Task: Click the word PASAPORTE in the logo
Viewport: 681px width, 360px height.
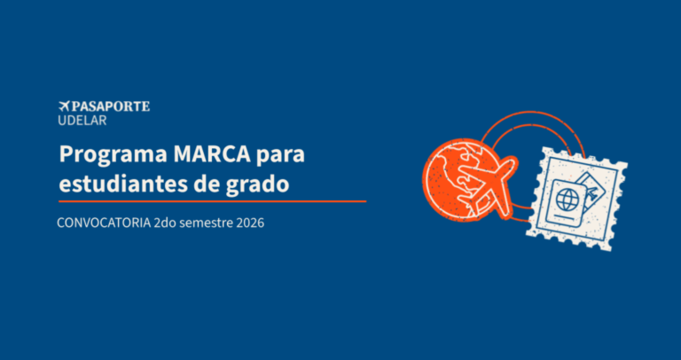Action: pos(110,106)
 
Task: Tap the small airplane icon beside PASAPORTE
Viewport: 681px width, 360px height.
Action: pos(64,106)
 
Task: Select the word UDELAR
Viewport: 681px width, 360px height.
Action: pos(82,121)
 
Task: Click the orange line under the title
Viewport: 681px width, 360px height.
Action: pos(213,201)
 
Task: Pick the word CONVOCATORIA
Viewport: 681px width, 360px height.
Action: pos(105,223)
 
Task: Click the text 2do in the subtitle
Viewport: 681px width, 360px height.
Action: pos(165,223)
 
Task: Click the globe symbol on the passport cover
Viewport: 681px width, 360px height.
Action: pos(566,200)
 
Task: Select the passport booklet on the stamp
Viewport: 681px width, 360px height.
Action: pos(567,202)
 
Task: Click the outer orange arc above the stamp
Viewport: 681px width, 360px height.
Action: pos(533,113)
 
